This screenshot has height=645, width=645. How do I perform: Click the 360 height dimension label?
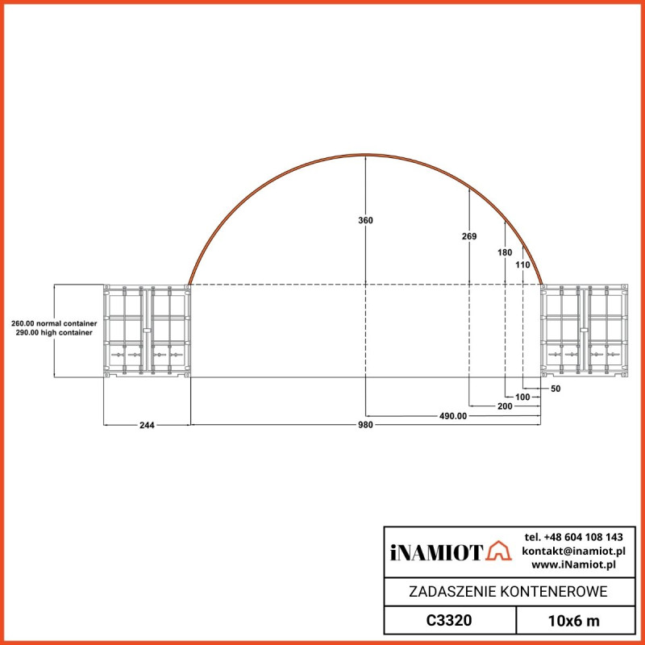click(366, 220)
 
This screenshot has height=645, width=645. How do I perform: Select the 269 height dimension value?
click(470, 236)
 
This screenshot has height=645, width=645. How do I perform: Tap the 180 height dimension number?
click(505, 252)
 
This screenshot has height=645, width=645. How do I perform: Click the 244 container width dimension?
click(147, 425)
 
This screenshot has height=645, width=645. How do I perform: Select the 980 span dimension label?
click(366, 425)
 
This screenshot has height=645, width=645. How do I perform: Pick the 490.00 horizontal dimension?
click(452, 416)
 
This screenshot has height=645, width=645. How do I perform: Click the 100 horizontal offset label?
click(522, 397)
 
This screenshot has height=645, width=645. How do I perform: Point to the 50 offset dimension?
click(555, 389)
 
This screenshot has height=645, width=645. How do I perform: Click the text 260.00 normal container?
click(54, 323)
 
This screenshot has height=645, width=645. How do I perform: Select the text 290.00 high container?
click(54, 332)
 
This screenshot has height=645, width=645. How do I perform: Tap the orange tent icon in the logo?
click(500, 551)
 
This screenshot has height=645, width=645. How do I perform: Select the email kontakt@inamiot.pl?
click(574, 551)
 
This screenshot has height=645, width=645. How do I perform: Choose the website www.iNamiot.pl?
click(579, 564)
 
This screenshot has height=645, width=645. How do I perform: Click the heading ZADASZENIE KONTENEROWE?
click(509, 592)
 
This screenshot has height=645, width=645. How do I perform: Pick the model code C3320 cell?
click(449, 620)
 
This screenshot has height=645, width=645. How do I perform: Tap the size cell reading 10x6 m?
click(574, 620)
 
